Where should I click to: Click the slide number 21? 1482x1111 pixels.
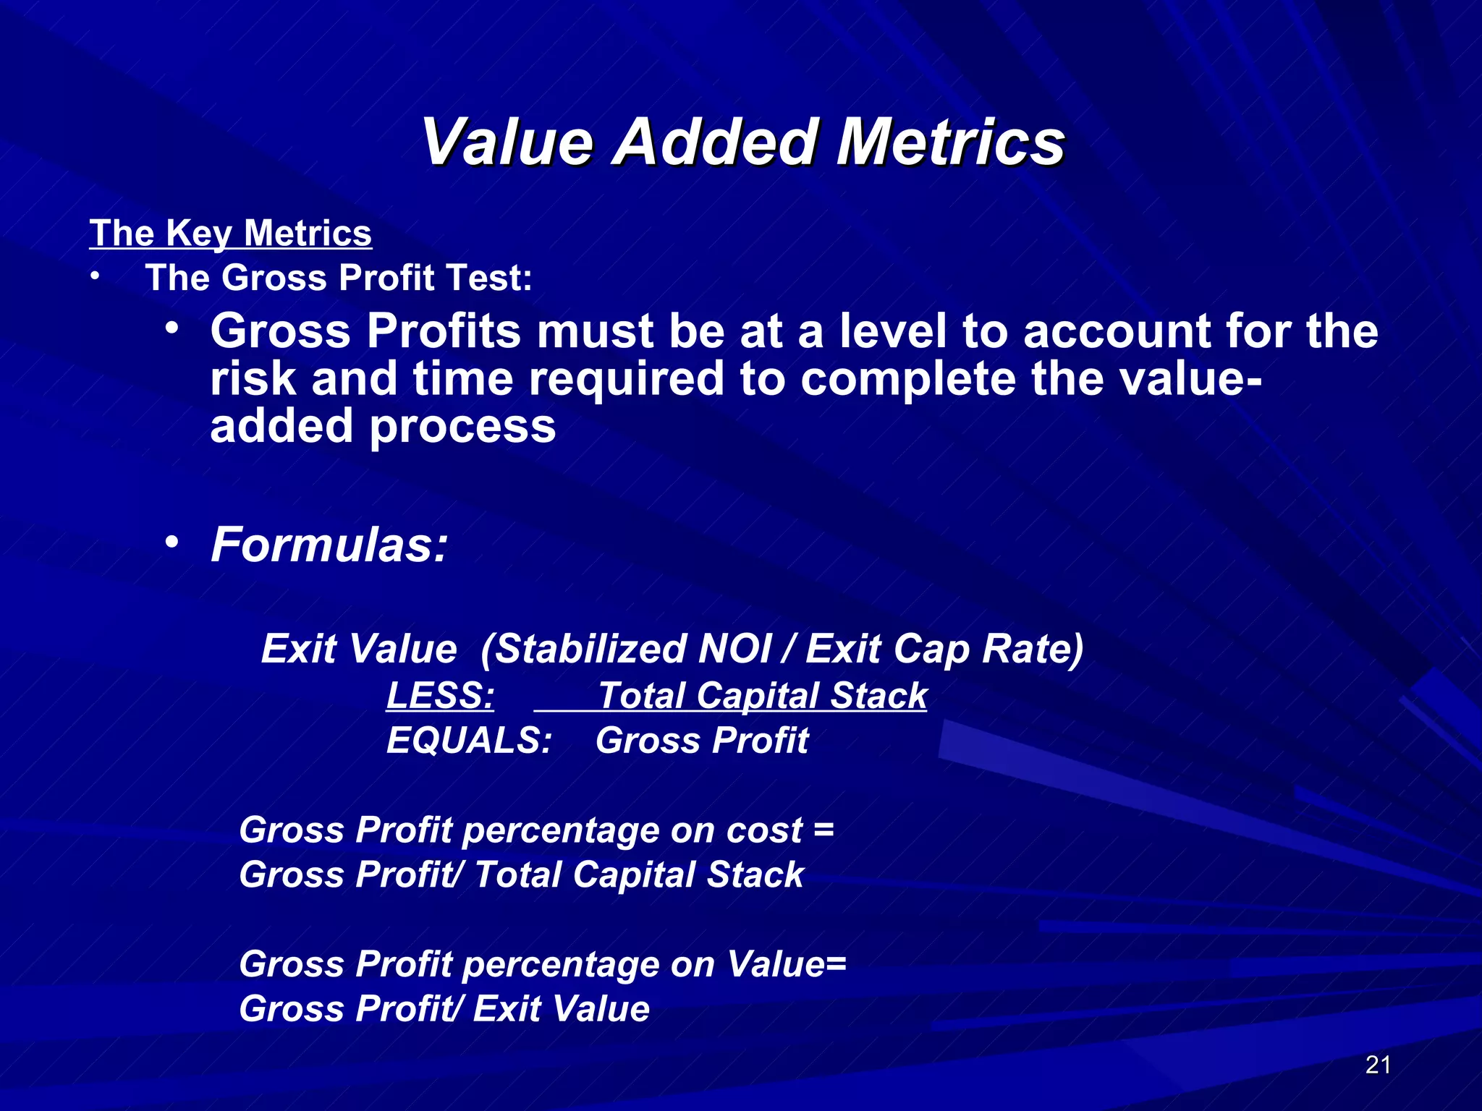coord(1378,1065)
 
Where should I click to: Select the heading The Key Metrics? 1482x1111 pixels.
coord(230,234)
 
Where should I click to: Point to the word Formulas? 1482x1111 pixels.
coord(329,545)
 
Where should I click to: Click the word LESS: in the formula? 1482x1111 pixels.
coord(440,696)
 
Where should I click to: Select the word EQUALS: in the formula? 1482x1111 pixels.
coord(469,741)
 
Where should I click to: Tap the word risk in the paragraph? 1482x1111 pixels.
coord(253,379)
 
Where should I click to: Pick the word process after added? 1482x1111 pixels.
coord(463,426)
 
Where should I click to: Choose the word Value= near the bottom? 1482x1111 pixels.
coord(786,965)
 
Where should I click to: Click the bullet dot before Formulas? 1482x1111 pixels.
coord(172,542)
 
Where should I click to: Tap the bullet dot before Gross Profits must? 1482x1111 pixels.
coord(172,328)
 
